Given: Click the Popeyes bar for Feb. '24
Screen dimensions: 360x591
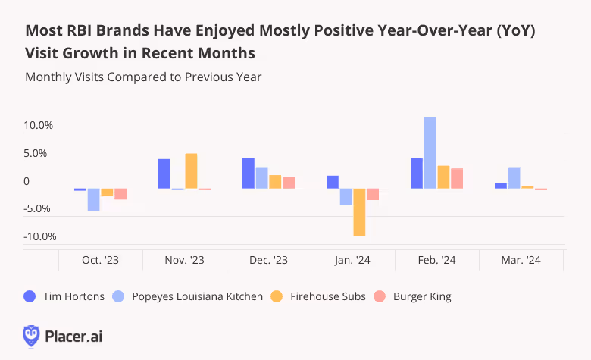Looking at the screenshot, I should tap(430, 152).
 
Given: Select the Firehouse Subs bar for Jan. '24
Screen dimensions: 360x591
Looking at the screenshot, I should tap(359, 212).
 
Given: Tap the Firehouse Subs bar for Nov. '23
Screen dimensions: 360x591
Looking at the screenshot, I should tap(191, 171).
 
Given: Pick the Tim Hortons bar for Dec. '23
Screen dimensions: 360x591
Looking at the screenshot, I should tap(248, 174).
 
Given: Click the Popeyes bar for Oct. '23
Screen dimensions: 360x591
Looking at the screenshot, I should tap(93, 199).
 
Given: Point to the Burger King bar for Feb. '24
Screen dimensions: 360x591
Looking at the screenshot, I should tap(457, 178).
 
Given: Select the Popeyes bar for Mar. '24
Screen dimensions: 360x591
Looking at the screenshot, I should tap(514, 178).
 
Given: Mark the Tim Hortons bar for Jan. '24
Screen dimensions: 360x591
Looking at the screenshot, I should tap(332, 182).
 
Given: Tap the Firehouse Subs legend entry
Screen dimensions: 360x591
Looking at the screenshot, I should tap(323, 296).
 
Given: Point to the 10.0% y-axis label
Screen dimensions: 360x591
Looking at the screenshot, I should tap(39, 126).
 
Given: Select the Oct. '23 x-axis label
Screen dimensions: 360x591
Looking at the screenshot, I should tap(100, 260).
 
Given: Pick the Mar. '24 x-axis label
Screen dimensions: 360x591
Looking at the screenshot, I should tap(521, 260).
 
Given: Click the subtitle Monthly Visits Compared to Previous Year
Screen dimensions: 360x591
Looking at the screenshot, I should tap(143, 77).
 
